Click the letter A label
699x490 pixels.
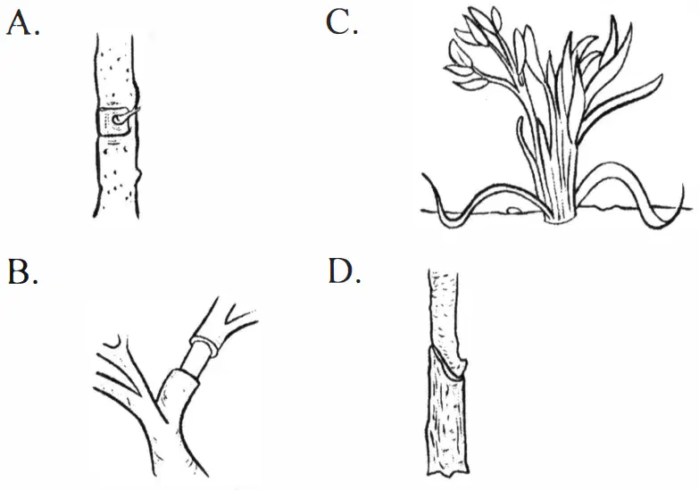[22, 22]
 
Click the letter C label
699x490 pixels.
[342, 21]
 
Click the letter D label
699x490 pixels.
[344, 270]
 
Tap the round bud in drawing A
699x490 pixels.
[117, 120]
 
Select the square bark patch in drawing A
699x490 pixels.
[112, 121]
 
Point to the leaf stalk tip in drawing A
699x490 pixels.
[138, 109]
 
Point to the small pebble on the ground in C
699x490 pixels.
[514, 209]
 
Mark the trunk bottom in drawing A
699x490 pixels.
[116, 215]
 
